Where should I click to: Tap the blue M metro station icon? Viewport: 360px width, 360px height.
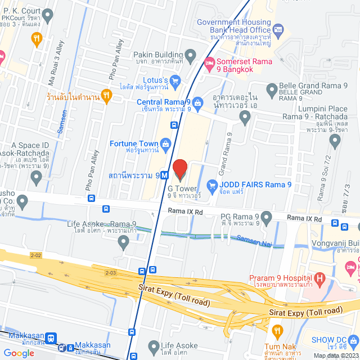[x=164, y=175]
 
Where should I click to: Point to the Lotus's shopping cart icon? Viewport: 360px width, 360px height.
[x=175, y=80]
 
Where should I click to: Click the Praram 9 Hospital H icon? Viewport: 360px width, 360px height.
[x=319, y=278]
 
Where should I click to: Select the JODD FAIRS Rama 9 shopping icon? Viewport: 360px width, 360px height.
[x=212, y=184]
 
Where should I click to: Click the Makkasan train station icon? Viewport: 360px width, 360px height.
[x=51, y=338]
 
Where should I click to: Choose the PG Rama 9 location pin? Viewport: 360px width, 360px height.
[x=267, y=217]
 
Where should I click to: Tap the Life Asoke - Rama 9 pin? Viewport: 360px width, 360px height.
[x=124, y=243]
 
